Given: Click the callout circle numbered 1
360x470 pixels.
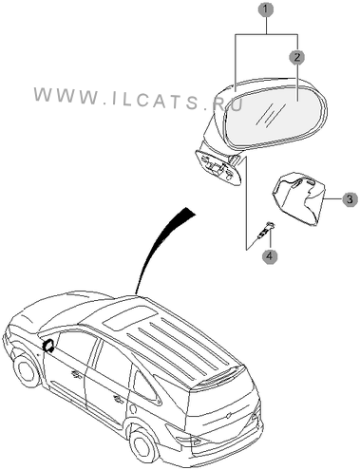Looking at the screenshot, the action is click(265, 9).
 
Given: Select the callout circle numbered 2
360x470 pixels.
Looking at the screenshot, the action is click(296, 57).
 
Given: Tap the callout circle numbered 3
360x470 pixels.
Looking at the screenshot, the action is click(350, 199).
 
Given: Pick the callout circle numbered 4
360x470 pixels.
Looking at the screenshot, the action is click(270, 255).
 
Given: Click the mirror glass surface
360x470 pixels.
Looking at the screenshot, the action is click(273, 116).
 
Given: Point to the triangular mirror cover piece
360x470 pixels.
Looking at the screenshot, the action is click(298, 198).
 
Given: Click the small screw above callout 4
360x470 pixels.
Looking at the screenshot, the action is click(266, 230).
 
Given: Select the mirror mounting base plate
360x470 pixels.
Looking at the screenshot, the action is click(218, 168).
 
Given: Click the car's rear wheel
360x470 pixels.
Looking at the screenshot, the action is click(142, 445).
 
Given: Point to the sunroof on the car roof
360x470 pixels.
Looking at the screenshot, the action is click(131, 319).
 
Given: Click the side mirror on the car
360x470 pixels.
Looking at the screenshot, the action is click(48, 345).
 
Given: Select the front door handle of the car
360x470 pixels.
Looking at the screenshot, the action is click(76, 374).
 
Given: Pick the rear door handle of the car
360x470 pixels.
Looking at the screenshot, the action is click(118, 400).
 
